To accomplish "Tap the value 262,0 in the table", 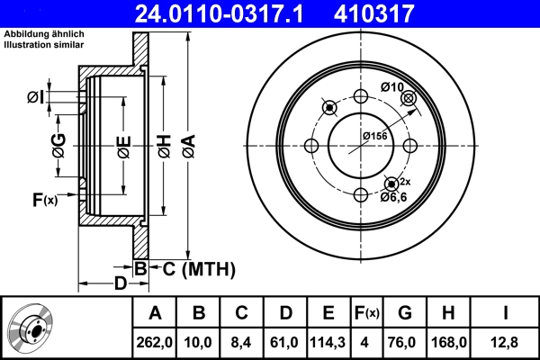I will click(x=154, y=341).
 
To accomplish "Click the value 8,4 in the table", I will click(x=241, y=341).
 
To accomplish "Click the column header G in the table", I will click(x=405, y=313).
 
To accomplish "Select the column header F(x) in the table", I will click(x=366, y=313).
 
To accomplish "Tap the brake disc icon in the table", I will click(x=33, y=328).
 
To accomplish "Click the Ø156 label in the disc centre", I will click(x=375, y=135).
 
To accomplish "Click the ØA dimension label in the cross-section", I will click(x=188, y=145).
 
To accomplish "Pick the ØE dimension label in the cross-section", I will click(x=123, y=145).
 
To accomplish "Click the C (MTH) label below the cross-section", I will click(x=199, y=268).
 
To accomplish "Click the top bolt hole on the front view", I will click(x=361, y=98).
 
